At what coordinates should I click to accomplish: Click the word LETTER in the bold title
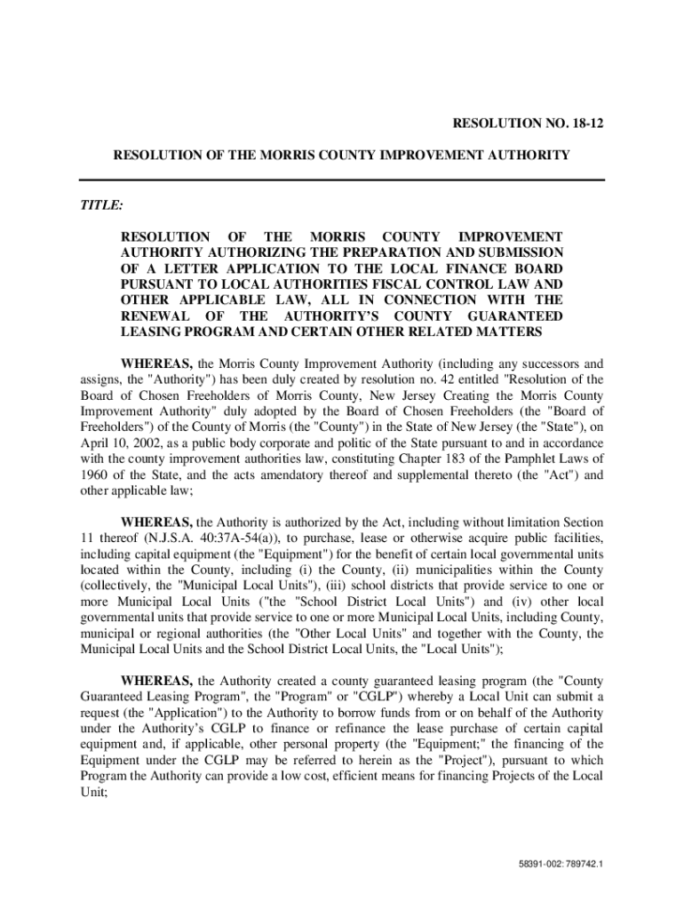coord(180,268)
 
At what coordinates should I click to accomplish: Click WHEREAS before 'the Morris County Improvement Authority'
coord(156,363)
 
